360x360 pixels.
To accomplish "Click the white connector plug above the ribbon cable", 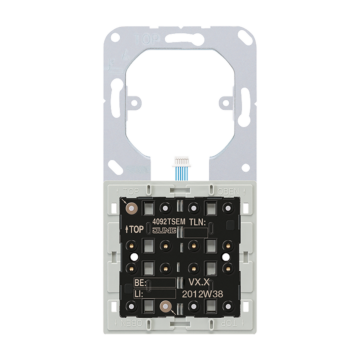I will pyautogui.click(x=182, y=159).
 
